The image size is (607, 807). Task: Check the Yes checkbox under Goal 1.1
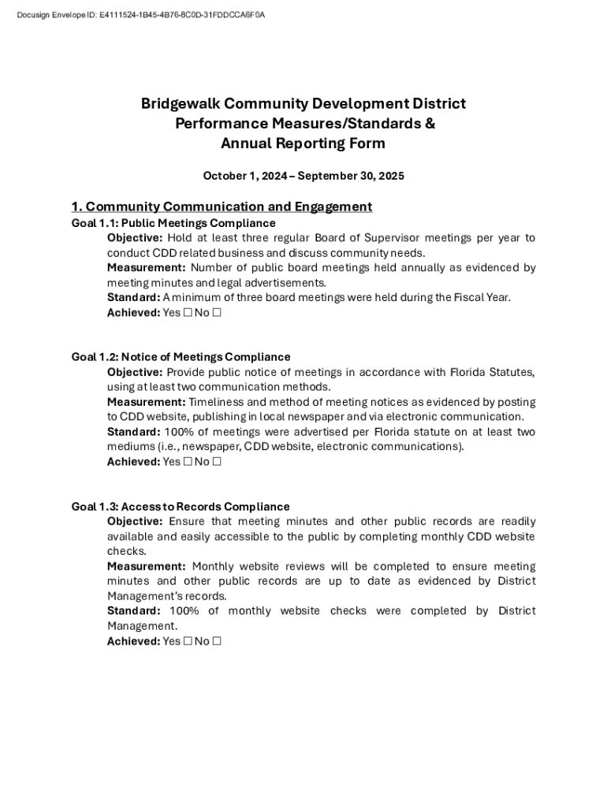(188, 313)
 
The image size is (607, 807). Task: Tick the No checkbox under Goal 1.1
(217, 313)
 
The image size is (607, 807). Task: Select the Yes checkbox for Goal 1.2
(188, 462)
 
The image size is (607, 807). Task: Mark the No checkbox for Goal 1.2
(217, 462)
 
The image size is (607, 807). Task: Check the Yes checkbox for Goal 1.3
(188, 642)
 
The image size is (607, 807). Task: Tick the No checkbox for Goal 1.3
(217, 642)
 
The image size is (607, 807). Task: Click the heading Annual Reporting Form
(303, 143)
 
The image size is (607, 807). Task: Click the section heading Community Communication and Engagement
(222, 206)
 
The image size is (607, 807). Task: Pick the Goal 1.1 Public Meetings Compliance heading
(173, 223)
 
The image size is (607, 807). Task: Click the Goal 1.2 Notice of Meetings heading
(181, 357)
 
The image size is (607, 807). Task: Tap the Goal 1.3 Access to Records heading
(181, 507)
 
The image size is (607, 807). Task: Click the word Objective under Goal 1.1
(134, 238)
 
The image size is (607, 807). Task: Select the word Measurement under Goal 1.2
(146, 402)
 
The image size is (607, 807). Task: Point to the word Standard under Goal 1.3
(132, 611)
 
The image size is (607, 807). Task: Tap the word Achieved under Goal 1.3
(132, 642)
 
